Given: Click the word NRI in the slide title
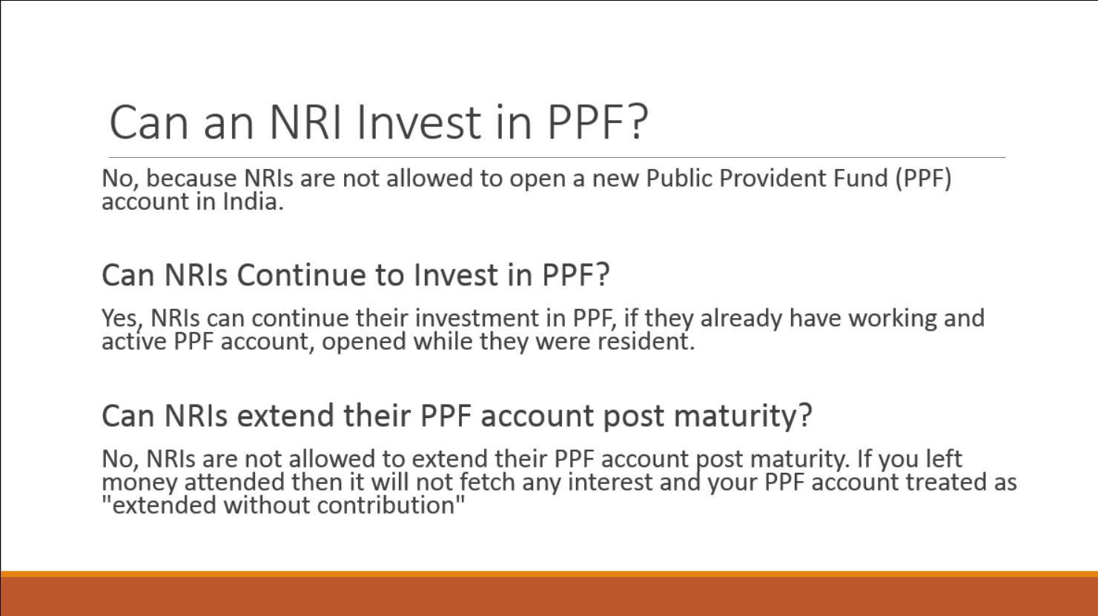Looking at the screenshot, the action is pyautogui.click(x=305, y=122).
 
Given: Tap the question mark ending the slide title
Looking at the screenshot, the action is pyautogui.click(x=638, y=122).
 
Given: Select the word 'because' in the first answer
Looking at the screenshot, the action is pyautogui.click(x=192, y=178).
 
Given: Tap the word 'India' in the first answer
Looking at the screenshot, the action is pyautogui.click(x=253, y=202).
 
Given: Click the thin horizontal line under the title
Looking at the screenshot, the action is pyautogui.click(x=557, y=158).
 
